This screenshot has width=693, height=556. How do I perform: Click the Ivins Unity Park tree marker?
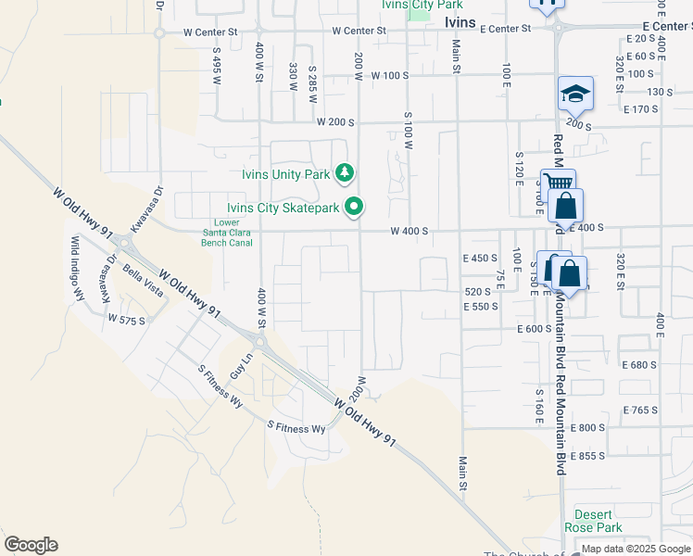[346, 172]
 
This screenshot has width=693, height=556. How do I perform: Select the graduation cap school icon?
[575, 95]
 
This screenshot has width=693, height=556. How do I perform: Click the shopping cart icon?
[558, 183]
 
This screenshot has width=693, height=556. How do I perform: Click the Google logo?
[31, 545]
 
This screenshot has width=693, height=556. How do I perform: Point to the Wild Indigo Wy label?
[77, 269]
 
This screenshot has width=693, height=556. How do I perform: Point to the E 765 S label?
[639, 410]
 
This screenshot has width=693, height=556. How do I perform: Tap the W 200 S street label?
[335, 121]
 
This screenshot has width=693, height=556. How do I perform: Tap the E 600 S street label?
[535, 328]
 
